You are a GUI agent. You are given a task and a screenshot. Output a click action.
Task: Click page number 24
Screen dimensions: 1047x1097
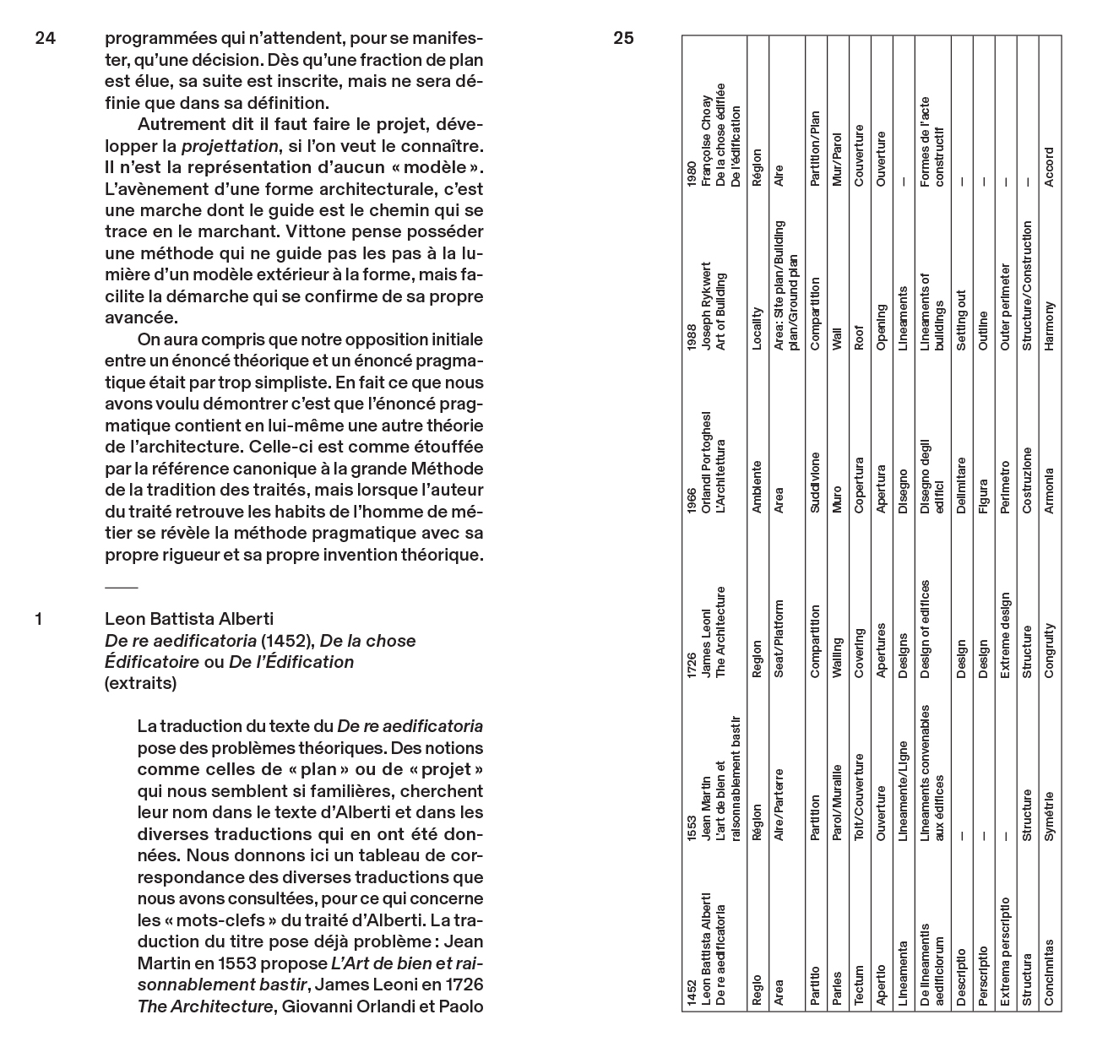tap(45, 38)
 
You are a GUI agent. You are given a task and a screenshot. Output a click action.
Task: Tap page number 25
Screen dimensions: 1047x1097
tap(623, 38)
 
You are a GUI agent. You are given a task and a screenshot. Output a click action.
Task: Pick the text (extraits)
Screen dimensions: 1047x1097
tap(140, 684)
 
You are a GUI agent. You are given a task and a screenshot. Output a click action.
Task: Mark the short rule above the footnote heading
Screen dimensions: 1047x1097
tap(121, 586)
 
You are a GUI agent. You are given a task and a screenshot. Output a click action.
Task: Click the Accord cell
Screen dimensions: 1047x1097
tap(1048, 167)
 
